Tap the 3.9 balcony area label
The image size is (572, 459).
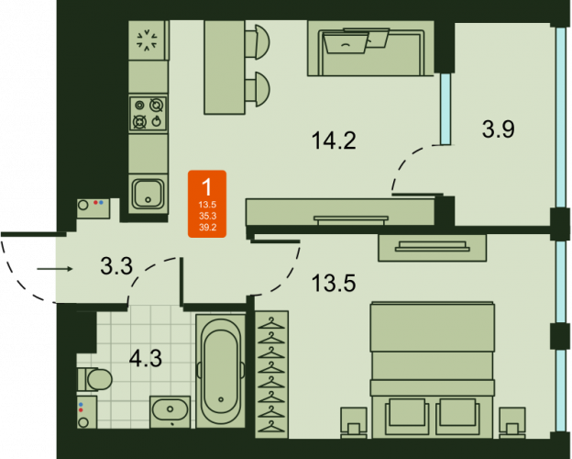498,129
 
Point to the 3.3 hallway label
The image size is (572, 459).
116,267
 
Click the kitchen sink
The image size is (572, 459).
148,194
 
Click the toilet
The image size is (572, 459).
94,378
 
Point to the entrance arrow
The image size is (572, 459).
55,269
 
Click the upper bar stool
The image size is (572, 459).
259,39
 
